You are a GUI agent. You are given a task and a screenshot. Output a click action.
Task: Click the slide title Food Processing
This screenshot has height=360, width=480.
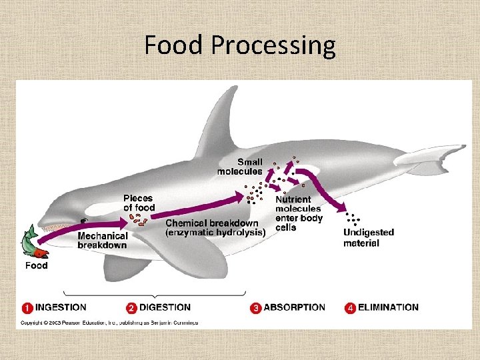click(240, 45)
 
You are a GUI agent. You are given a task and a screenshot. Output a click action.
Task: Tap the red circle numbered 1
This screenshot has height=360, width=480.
click(27, 308)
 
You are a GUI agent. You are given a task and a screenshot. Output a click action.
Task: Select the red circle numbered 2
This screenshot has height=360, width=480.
click(131, 308)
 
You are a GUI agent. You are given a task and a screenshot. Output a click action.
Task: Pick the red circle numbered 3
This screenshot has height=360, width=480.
click(256, 308)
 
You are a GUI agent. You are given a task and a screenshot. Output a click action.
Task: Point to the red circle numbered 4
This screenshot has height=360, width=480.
click(350, 308)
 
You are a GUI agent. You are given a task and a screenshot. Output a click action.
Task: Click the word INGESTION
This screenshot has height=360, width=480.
click(61, 307)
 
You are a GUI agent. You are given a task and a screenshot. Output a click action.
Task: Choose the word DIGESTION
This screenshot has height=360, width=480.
click(165, 307)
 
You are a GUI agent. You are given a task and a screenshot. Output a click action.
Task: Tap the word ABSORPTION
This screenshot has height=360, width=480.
click(294, 307)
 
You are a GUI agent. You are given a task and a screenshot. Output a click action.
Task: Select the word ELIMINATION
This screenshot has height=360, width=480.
click(389, 307)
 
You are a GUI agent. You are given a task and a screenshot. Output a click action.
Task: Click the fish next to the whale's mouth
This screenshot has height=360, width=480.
click(33, 242)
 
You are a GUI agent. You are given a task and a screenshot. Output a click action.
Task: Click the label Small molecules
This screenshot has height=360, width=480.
click(240, 167)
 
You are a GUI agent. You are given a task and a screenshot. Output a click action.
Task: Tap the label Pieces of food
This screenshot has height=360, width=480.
click(138, 203)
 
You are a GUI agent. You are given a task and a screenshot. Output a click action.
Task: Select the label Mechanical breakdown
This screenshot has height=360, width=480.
click(102, 240)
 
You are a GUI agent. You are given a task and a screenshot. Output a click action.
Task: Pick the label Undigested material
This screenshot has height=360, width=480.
click(369, 237)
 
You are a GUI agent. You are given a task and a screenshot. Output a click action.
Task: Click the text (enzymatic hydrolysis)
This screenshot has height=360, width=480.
click(215, 232)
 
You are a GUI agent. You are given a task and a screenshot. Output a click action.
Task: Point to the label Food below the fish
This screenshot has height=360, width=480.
click(37, 265)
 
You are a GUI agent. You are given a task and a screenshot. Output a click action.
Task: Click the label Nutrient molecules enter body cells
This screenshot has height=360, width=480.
click(298, 213)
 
